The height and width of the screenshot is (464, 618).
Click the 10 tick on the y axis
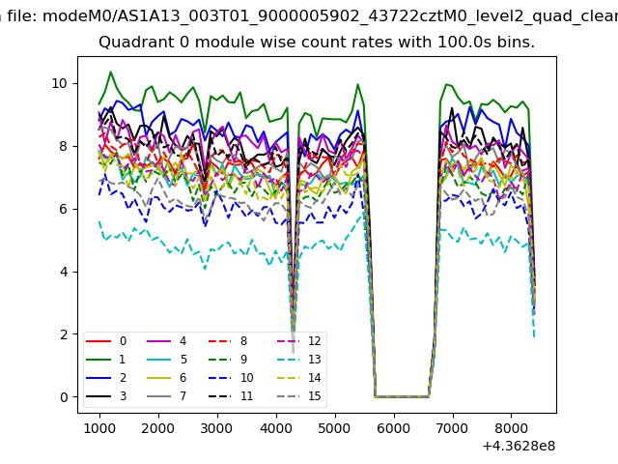[62, 83]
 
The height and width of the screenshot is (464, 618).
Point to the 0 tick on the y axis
[66, 397]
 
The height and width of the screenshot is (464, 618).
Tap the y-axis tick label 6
[66, 209]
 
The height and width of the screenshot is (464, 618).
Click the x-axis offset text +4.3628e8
[518, 446]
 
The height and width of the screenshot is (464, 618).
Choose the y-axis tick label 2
[66, 334]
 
